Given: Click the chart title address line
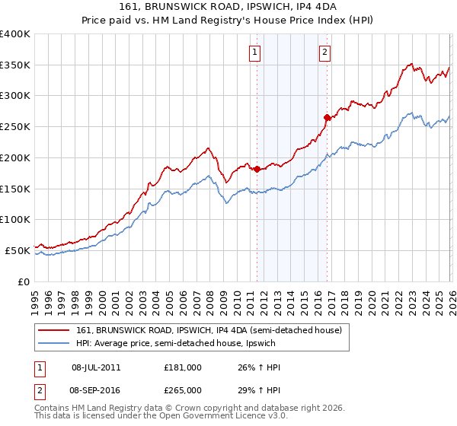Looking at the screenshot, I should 228,7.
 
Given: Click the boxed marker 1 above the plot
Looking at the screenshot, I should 254,52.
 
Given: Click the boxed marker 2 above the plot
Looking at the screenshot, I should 324,52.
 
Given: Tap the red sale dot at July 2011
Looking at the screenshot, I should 257,169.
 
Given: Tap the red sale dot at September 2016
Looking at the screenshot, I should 327,117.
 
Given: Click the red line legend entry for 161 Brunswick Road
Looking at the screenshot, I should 213,330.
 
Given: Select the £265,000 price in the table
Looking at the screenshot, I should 183,389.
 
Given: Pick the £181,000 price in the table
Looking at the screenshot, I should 183,367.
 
